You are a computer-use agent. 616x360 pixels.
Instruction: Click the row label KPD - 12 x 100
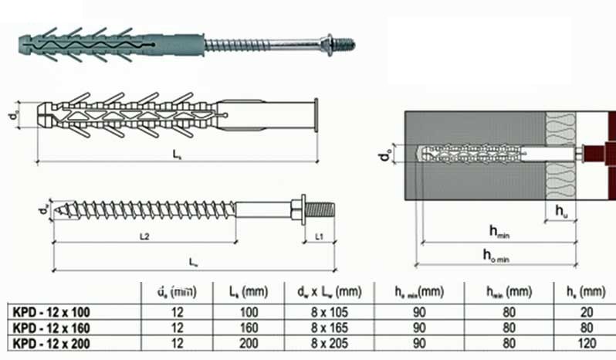click(52, 313)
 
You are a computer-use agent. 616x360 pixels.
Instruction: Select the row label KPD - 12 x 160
click(52, 327)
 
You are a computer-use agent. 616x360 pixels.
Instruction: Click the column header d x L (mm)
click(327, 292)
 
